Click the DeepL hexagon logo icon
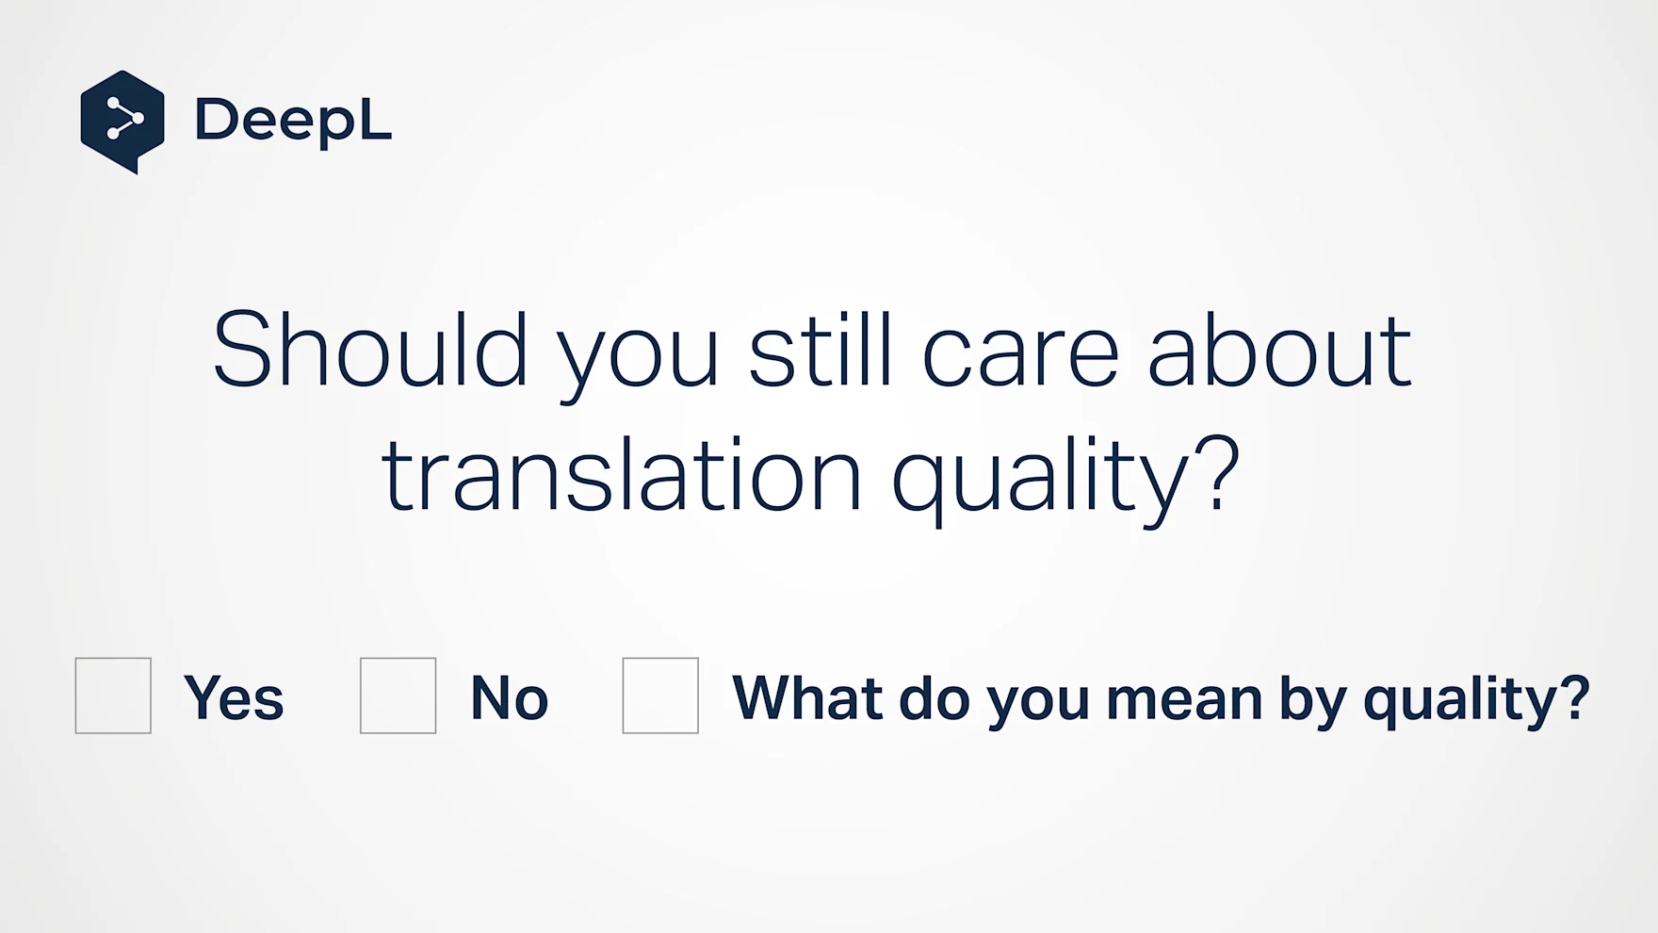tap(122, 122)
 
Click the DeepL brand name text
tap(293, 121)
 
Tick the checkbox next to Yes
tap(113, 696)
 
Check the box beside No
tap(398, 696)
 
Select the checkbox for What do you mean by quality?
tap(660, 696)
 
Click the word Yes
tap(234, 698)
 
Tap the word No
tap(509, 698)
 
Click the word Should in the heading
tap(370, 350)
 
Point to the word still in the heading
tap(820, 350)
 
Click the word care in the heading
tap(1020, 357)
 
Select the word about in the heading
tap(1279, 350)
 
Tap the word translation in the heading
tap(622, 474)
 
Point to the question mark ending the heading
tap(1220, 473)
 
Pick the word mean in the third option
tap(1184, 703)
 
